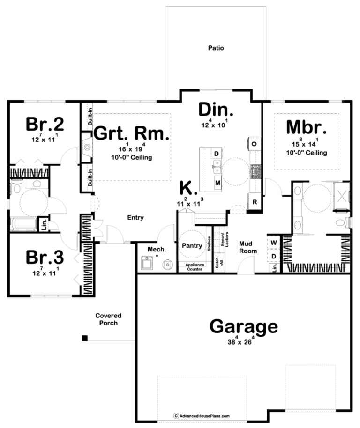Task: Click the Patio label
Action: pos(216,48)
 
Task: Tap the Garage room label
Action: pos(244,326)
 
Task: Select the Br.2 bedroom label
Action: pos(45,124)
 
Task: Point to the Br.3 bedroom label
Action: pos(45,257)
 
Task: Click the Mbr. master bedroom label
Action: pos(306,127)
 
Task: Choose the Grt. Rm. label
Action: pos(131,133)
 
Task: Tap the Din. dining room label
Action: pos(216,110)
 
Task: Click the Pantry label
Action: pos(192,245)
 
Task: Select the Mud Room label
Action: pos(248,247)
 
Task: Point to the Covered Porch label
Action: pos(108,319)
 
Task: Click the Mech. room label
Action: pos(157,249)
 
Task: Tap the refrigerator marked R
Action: pos(255,202)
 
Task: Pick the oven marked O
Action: pos(254,144)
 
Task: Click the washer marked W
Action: pos(274,243)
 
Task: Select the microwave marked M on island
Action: pos(217,183)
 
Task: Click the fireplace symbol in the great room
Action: pos(87,148)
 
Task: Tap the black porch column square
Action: pos(85,338)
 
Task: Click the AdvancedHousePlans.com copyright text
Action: pos(202,416)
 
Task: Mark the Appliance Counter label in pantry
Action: pos(195,267)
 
